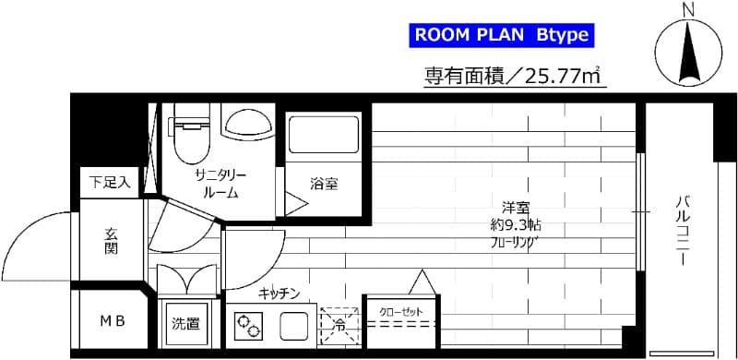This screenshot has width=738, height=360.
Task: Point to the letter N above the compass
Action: pyautogui.click(x=686, y=9)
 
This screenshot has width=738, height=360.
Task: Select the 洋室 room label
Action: pyautogui.click(x=515, y=207)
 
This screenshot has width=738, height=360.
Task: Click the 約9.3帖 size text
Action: pyautogui.click(x=515, y=225)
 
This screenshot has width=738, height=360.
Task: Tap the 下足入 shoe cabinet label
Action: pyautogui.click(x=110, y=182)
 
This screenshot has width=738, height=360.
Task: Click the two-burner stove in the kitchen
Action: pyautogui.click(x=250, y=327)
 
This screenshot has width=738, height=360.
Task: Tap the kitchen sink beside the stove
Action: pyautogui.click(x=294, y=326)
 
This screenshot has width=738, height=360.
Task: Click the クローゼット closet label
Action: pyautogui.click(x=401, y=312)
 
